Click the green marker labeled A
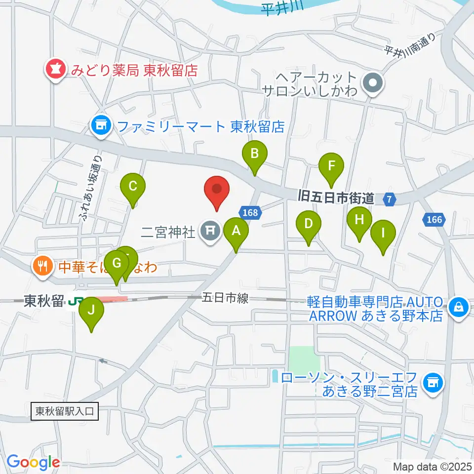[236, 231]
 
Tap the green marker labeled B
[254, 154]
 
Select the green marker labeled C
[133, 187]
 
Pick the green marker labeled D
[308, 224]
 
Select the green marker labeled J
[91, 311]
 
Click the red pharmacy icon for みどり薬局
[54, 70]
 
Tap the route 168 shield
[250, 212]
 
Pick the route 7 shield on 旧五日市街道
[390, 199]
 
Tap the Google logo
[33, 463]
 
